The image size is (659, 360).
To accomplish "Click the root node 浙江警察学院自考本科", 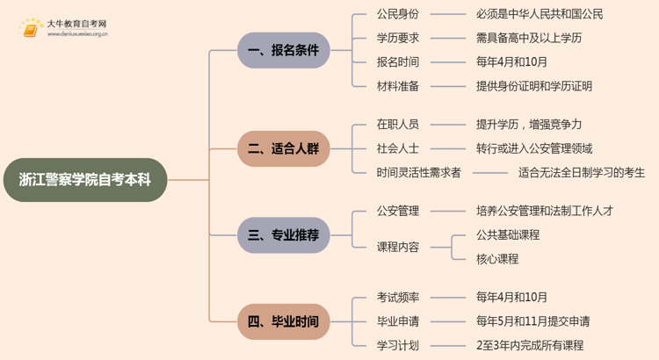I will click(84, 179).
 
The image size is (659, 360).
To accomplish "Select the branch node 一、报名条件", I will click(283, 50).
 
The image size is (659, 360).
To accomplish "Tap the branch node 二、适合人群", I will click(283, 148).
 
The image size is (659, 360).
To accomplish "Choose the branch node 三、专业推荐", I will click(283, 235).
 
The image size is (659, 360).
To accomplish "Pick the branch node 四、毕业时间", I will click(283, 321).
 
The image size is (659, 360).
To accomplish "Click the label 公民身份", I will click(397, 14).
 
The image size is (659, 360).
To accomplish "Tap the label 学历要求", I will click(397, 38).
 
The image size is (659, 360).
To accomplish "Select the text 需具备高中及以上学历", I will click(528, 38).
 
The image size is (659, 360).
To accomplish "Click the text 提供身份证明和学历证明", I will click(533, 86).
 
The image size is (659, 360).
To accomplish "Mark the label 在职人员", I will click(397, 125).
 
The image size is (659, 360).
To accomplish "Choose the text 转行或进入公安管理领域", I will click(533, 148).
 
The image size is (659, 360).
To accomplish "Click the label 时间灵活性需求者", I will click(418, 172).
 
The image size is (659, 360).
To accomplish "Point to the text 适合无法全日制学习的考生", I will click(582, 172).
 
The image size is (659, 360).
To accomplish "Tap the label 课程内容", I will click(397, 247).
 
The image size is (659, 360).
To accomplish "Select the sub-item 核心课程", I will click(496, 259).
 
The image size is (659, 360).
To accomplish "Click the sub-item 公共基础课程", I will click(507, 234).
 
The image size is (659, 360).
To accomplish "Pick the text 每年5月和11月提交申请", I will click(532, 321).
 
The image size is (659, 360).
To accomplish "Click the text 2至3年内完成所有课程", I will click(529, 345).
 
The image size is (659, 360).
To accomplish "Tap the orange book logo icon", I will click(31, 29).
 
